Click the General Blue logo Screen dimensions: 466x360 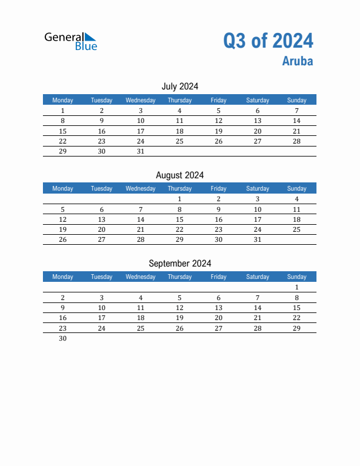(71, 41)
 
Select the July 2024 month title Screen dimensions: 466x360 (180, 86)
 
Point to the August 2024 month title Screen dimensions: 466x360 (180, 175)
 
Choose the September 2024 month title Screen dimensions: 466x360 (180, 264)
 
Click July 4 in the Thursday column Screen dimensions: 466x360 (179, 111)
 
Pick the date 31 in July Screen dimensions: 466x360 (141, 151)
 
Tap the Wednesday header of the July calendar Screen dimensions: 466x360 (141, 100)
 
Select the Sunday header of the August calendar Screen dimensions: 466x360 (296, 188)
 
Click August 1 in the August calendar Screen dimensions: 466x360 (179, 199)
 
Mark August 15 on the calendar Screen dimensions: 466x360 (179, 219)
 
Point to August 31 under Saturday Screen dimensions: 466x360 (258, 239)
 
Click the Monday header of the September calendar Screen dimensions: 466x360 (63, 277)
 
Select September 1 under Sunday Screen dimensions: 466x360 (296, 287)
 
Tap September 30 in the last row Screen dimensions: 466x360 (63, 338)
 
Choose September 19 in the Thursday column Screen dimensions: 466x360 (179, 318)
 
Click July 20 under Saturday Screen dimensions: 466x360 (258, 131)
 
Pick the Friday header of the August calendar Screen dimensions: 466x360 (218, 188)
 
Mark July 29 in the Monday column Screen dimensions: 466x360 (63, 151)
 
